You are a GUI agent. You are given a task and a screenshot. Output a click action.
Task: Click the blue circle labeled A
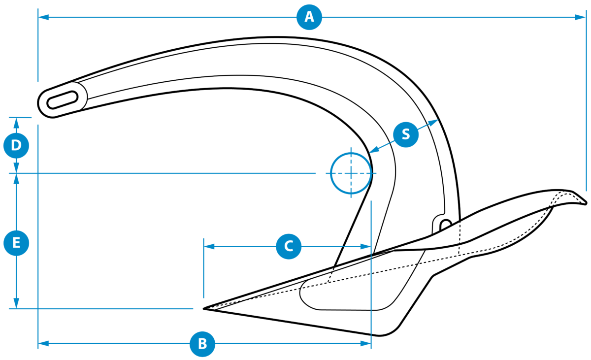tap(309, 17)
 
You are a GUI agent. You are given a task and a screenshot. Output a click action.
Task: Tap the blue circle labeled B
tap(202, 344)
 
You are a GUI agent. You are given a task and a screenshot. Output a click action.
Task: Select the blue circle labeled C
tap(289, 246)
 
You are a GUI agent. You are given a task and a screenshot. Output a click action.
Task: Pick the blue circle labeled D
tap(16, 145)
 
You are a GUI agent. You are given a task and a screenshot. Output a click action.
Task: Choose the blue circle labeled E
tap(16, 243)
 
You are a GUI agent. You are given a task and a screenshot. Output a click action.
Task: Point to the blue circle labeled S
tap(406, 134)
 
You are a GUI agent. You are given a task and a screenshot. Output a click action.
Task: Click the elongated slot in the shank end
tap(63, 99)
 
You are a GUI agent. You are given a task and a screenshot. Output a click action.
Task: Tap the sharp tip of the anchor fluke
tap(204, 308)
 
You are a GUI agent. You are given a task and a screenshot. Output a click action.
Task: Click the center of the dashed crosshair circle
tap(351, 173)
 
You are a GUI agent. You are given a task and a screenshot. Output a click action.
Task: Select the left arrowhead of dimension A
tap(43, 17)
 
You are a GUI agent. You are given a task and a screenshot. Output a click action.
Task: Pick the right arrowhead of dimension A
tap(580, 17)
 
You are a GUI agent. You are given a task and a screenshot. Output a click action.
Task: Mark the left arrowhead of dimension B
tap(43, 343)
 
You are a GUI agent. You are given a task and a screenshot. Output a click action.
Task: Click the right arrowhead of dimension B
tap(365, 343)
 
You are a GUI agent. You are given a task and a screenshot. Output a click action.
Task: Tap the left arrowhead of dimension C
tap(209, 247)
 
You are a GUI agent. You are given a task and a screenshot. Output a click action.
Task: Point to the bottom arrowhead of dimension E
tap(16, 303)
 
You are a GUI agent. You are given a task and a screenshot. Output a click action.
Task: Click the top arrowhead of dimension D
tap(16, 123)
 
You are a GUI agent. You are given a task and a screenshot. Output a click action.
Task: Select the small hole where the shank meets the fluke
tap(446, 225)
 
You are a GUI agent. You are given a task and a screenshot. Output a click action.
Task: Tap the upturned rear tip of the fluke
tap(586, 203)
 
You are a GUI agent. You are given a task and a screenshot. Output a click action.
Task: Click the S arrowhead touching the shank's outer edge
tap(433, 122)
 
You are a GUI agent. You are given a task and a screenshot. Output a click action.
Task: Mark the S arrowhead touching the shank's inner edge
tap(374, 150)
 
